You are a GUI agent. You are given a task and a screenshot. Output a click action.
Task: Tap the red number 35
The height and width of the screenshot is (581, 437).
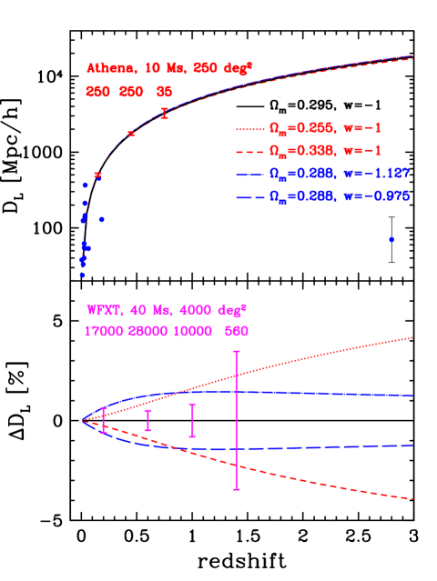click(x=164, y=92)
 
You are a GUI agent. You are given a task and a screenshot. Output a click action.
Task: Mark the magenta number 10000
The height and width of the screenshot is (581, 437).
click(x=197, y=332)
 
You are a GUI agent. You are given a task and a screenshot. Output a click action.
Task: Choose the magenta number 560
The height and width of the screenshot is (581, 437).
click(x=237, y=332)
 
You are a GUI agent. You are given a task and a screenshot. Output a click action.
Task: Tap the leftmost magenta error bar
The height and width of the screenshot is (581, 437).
click(x=103, y=419)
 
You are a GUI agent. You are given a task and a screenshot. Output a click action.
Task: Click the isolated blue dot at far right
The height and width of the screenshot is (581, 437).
click(x=391, y=239)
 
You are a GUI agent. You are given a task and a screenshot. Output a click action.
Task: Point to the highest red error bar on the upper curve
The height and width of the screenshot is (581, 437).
click(x=165, y=113)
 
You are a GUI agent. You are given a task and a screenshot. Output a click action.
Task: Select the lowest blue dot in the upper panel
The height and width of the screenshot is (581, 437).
click(x=82, y=274)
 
